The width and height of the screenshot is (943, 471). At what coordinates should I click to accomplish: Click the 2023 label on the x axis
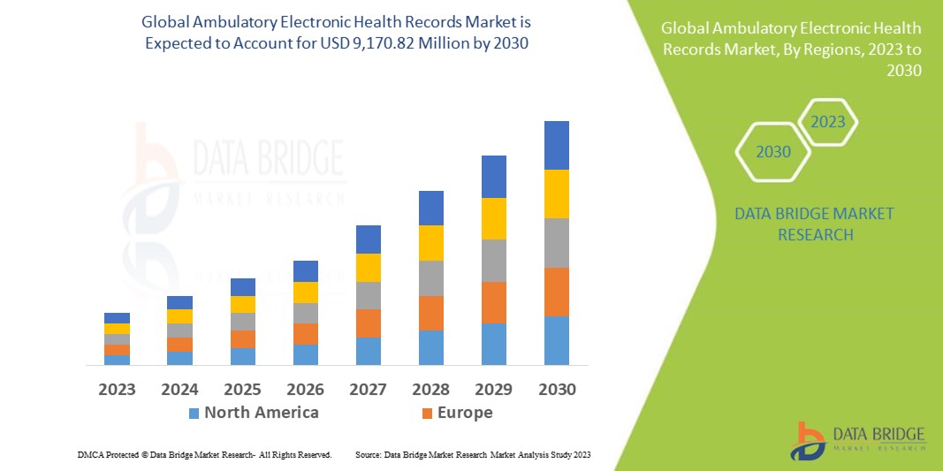117,389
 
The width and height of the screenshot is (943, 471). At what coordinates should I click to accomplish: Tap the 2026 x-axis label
305,389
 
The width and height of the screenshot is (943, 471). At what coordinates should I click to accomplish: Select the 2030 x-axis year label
556,389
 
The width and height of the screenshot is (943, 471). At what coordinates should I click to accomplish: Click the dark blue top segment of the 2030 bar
556,145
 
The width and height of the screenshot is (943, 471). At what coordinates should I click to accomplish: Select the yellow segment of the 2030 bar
556,194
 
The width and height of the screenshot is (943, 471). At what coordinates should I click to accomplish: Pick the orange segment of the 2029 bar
493,302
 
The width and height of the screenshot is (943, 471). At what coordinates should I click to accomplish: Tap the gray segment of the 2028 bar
430,277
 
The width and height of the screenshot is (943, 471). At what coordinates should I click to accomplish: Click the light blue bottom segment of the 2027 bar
368,351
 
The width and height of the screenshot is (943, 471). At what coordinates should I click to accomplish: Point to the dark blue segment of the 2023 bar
117,318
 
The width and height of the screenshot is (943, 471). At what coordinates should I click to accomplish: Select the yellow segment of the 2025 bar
242,304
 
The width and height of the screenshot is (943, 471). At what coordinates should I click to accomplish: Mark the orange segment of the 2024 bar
179,345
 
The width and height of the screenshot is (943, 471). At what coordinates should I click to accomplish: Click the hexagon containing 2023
828,122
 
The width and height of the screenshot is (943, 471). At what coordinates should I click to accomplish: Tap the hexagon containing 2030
772,152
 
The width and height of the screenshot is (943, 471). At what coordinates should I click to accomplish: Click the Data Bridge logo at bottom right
856,439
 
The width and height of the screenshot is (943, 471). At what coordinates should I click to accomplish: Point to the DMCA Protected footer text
204,454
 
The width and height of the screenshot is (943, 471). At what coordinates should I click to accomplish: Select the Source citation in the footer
472,454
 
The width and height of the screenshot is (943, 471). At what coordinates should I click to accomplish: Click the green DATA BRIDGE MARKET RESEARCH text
814,224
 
